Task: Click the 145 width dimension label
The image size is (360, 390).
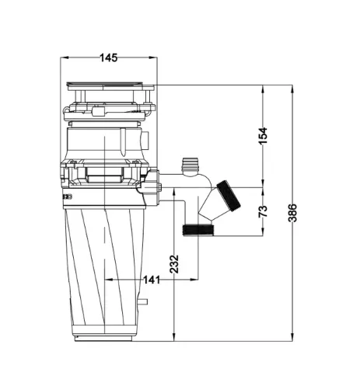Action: [109, 57]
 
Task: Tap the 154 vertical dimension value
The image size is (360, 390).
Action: [263, 136]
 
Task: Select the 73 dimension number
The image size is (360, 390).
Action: [263, 211]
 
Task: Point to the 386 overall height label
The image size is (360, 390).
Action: [292, 213]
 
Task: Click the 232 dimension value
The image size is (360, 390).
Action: [174, 264]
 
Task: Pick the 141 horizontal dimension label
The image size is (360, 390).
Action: [152, 280]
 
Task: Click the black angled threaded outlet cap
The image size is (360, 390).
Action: [229, 196]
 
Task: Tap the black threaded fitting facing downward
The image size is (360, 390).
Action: [198, 230]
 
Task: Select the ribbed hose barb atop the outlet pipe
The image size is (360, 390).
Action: [190, 165]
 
